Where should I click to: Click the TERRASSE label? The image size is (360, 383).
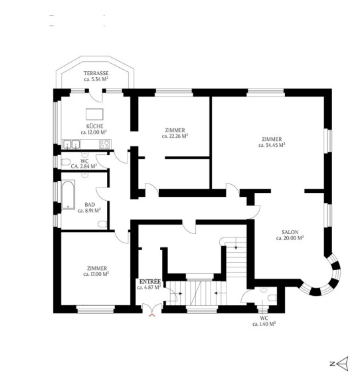(96, 73)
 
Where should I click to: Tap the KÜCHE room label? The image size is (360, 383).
(95, 126)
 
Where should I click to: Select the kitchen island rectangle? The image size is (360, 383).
(94, 114)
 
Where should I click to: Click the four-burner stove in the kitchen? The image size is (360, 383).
(105, 144)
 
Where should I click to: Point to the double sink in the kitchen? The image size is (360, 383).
(72, 144)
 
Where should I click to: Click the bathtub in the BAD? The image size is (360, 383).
(68, 195)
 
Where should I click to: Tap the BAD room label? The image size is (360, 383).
(90, 205)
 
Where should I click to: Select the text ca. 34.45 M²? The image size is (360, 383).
(272, 145)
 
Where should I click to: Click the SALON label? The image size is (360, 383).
(290, 232)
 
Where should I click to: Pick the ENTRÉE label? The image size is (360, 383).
(150, 281)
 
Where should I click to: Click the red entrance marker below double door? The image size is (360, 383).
(152, 315)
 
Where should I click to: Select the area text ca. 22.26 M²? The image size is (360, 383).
(175, 136)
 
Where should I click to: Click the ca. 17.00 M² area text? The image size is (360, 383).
(96, 274)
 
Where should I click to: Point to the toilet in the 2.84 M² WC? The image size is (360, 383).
(65, 162)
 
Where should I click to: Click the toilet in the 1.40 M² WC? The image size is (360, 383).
(272, 298)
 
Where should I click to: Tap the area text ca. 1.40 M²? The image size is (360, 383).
(264, 324)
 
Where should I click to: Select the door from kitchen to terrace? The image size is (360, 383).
(96, 96)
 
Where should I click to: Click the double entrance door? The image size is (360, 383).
(152, 309)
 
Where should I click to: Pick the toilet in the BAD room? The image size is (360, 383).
(102, 224)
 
